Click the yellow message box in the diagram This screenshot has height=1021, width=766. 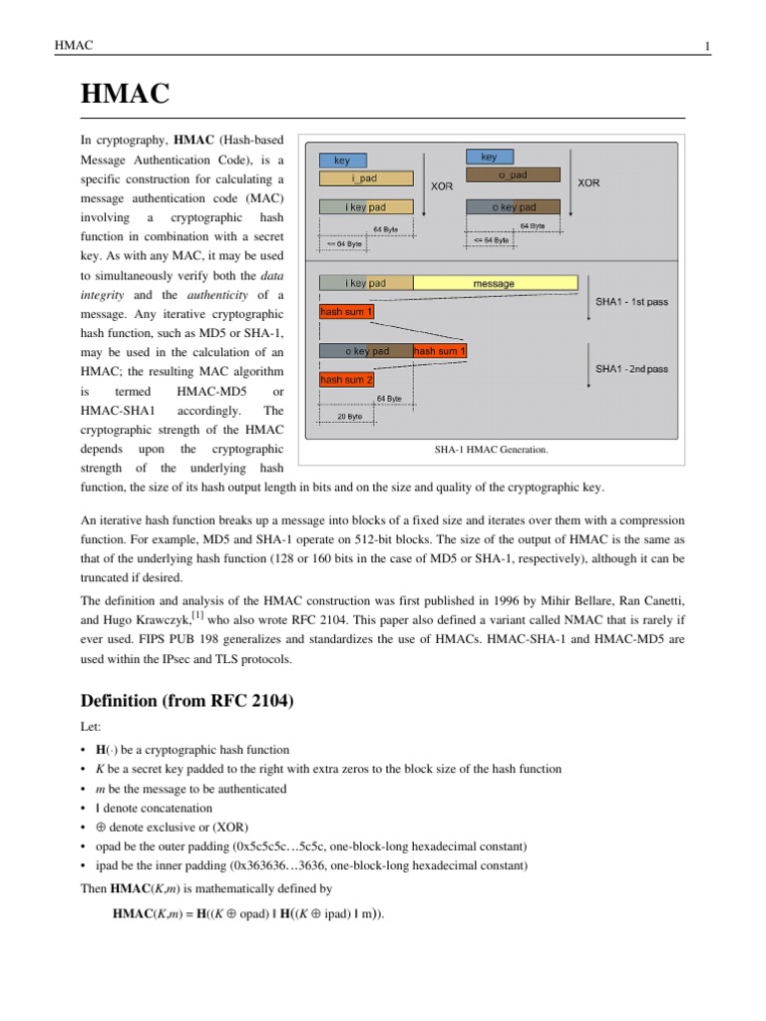click(x=494, y=283)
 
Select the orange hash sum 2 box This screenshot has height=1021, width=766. click(x=346, y=380)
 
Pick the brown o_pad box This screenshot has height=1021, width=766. click(x=513, y=175)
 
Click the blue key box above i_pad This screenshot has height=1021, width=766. click(x=341, y=160)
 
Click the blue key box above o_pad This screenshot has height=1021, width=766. click(x=489, y=158)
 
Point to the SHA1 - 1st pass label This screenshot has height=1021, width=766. click(x=631, y=302)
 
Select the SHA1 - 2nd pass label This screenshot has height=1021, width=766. click(x=631, y=369)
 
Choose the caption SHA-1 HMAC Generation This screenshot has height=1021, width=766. click(x=491, y=450)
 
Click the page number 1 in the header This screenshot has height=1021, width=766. click(x=706, y=48)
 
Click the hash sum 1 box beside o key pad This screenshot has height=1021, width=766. click(x=439, y=351)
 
